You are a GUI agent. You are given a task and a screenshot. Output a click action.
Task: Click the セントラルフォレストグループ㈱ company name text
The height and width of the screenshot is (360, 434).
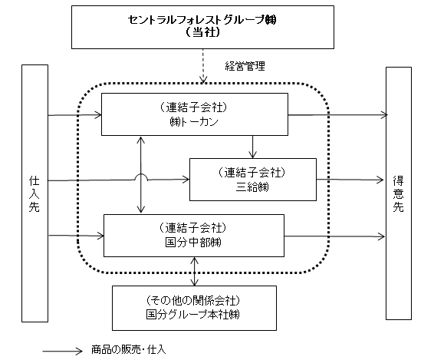[202, 20]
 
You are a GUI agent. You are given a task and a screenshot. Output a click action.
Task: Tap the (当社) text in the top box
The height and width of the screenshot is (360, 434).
[202, 32]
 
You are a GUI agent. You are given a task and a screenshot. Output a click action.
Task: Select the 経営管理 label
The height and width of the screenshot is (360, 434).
[245, 66]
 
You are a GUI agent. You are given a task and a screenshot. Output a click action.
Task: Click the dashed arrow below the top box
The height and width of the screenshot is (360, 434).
[203, 66]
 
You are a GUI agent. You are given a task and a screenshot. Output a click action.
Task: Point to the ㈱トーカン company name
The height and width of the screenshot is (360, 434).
[194, 122]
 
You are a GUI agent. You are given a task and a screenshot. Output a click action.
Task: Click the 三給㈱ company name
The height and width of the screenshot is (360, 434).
[252, 187]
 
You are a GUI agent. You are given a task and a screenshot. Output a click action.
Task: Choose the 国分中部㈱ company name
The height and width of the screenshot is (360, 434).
[193, 243]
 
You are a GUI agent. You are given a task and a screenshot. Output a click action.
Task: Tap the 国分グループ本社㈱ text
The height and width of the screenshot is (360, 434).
[192, 315]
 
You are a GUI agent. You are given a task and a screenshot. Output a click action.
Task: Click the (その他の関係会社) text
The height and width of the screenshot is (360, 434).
[193, 300]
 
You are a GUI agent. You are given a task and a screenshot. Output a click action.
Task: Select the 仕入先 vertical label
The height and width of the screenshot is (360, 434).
[35, 194]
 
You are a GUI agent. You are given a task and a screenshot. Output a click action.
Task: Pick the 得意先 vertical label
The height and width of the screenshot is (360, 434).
[398, 194]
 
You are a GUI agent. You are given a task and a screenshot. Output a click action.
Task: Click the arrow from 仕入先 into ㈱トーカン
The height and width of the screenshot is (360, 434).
[74, 114]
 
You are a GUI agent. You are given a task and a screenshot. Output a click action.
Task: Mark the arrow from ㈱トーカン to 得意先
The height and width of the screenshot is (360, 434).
[337, 114]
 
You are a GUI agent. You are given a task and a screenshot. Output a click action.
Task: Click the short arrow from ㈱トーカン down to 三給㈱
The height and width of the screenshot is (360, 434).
[252, 147]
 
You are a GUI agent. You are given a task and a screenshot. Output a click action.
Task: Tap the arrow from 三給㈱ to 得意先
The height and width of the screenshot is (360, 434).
[350, 180]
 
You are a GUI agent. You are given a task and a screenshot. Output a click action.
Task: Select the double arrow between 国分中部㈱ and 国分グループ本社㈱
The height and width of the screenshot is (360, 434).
[195, 271]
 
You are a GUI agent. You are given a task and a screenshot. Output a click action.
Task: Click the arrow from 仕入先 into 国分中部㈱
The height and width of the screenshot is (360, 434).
[76, 236]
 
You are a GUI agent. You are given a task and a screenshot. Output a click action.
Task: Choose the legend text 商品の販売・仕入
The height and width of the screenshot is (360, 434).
[128, 349]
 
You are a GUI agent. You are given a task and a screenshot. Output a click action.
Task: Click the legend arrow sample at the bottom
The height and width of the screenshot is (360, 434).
[63, 351]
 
